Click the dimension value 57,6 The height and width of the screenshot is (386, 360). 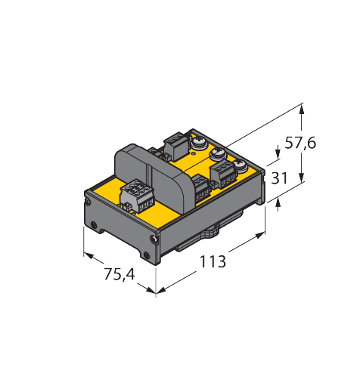[x=300, y=144]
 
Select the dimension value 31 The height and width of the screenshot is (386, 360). [x=279, y=178]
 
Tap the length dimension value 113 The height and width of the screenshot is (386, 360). [x=213, y=261]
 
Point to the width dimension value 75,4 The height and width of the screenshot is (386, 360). [x=119, y=274]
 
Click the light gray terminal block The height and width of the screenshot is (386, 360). [x=136, y=195]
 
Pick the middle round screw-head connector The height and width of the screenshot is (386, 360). [x=216, y=153]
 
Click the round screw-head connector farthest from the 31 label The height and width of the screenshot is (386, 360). [x=199, y=143]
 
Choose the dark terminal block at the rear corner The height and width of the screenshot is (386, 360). [x=176, y=146]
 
